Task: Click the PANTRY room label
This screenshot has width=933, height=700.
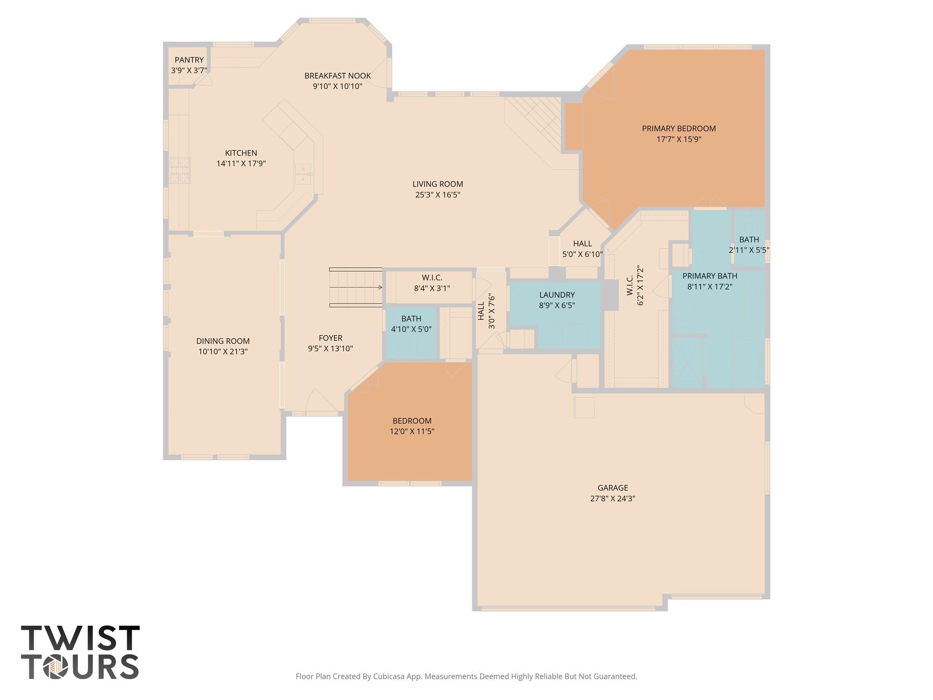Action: pyautogui.click(x=189, y=60)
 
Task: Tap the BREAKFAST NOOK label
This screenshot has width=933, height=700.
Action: pyautogui.click(x=338, y=76)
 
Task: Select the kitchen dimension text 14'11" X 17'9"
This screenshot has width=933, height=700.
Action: pyautogui.click(x=241, y=164)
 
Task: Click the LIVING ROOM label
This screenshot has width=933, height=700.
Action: pyautogui.click(x=437, y=184)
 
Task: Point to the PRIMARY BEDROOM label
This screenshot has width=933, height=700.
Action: pyautogui.click(x=679, y=129)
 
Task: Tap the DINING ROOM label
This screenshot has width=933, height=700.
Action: pyautogui.click(x=223, y=341)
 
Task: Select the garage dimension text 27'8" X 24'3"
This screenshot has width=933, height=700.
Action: pyautogui.click(x=612, y=499)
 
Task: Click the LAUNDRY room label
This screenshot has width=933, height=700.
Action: pyautogui.click(x=557, y=295)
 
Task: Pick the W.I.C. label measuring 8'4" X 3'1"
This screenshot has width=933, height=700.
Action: pyautogui.click(x=431, y=278)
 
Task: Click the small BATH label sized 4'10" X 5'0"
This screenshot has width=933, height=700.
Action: pyautogui.click(x=411, y=319)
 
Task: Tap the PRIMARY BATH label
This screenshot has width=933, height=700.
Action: pyautogui.click(x=709, y=276)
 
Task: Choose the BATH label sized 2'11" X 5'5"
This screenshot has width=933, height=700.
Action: pyautogui.click(x=749, y=239)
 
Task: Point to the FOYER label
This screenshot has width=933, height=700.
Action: pyautogui.click(x=330, y=338)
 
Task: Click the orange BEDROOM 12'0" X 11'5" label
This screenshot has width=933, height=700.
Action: pyautogui.click(x=412, y=421)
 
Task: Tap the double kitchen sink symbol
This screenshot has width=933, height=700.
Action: pyautogui.click(x=302, y=174)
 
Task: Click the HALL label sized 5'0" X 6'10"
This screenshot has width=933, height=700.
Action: pyautogui.click(x=582, y=244)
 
